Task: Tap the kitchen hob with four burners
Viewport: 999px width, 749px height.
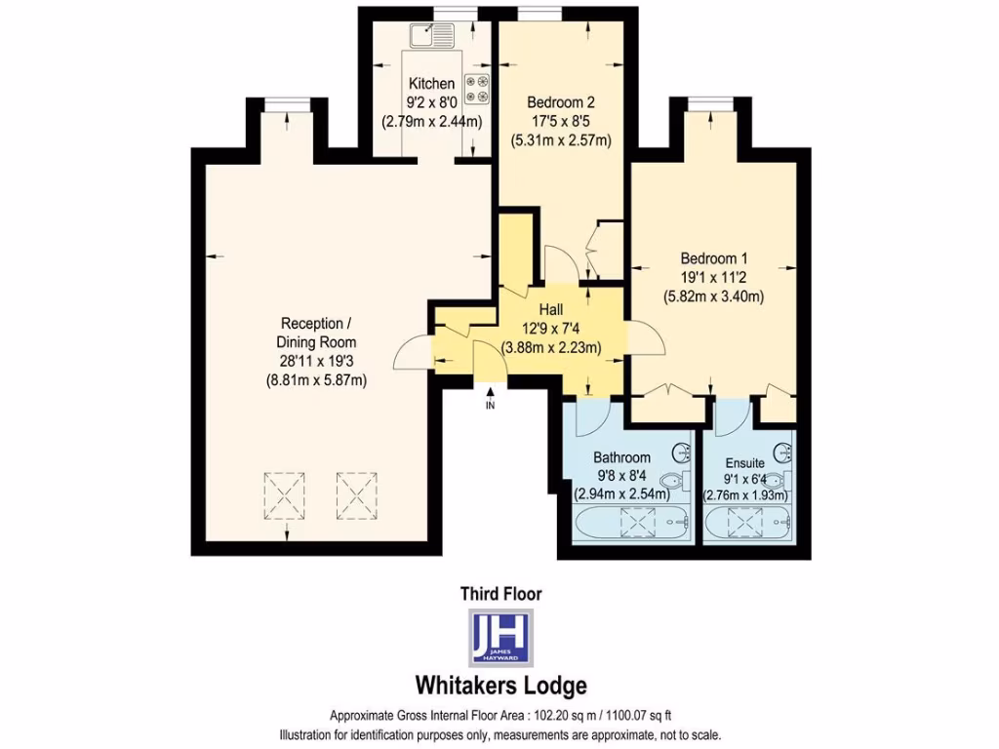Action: pyautogui.click(x=478, y=89)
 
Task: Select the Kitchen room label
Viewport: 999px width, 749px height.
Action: pyautogui.click(x=431, y=84)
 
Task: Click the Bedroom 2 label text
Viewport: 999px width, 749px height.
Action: pyautogui.click(x=561, y=101)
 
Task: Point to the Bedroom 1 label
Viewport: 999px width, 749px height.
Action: pyautogui.click(x=713, y=258)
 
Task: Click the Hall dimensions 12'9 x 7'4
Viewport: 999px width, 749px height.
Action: pyautogui.click(x=551, y=329)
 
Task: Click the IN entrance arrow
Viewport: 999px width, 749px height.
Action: pyautogui.click(x=490, y=398)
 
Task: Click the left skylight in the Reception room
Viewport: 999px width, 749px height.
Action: pyautogui.click(x=288, y=496)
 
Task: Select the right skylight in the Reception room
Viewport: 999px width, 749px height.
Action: pyautogui.click(x=355, y=496)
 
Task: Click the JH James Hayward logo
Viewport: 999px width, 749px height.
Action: pyautogui.click(x=500, y=636)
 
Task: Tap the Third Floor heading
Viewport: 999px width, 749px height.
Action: pyautogui.click(x=500, y=593)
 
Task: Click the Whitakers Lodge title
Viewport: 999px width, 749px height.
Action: pyautogui.click(x=500, y=685)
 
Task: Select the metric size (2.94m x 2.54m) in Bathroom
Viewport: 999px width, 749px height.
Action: pyautogui.click(x=621, y=493)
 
